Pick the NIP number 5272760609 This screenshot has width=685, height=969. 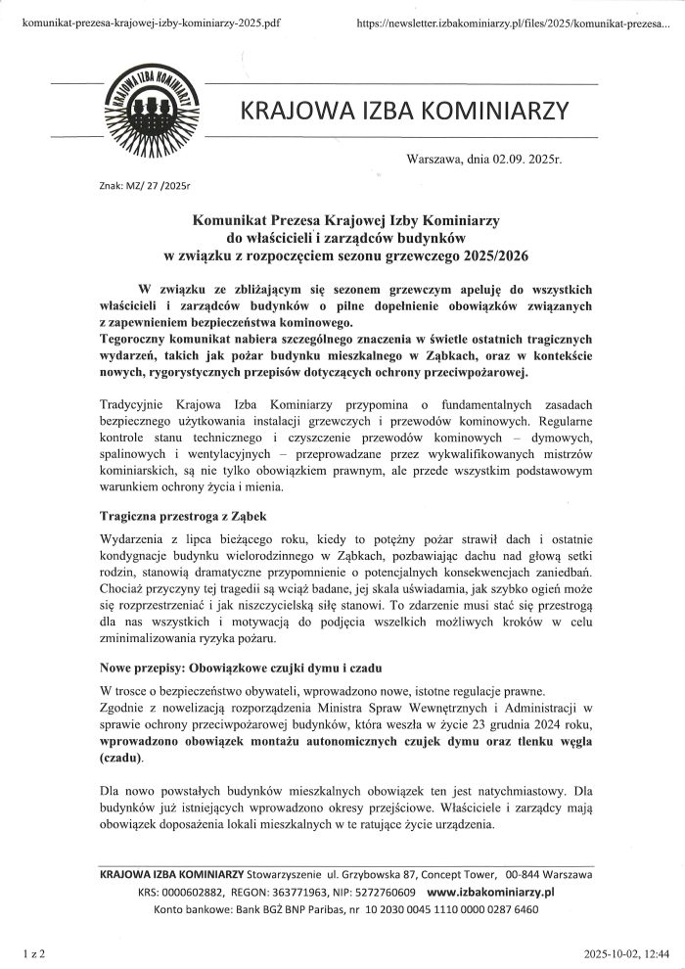click(383, 893)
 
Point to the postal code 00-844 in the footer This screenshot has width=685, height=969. click(525, 875)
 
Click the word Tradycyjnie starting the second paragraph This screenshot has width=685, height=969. click(134, 404)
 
